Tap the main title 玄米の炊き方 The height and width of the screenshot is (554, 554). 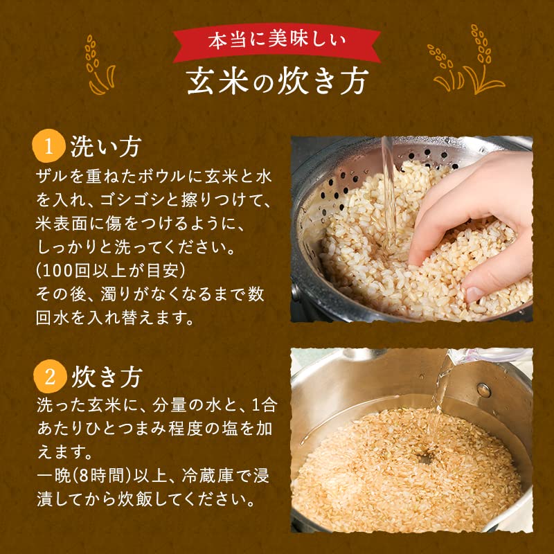278,82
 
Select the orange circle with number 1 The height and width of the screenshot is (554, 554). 48,146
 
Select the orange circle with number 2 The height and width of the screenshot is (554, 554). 50,376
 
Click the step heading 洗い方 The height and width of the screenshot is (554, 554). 106,146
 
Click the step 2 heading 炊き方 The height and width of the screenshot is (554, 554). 107,377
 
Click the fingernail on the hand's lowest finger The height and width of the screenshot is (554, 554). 474,294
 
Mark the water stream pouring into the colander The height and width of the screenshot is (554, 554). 390,195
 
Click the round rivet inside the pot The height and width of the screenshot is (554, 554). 483,390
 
